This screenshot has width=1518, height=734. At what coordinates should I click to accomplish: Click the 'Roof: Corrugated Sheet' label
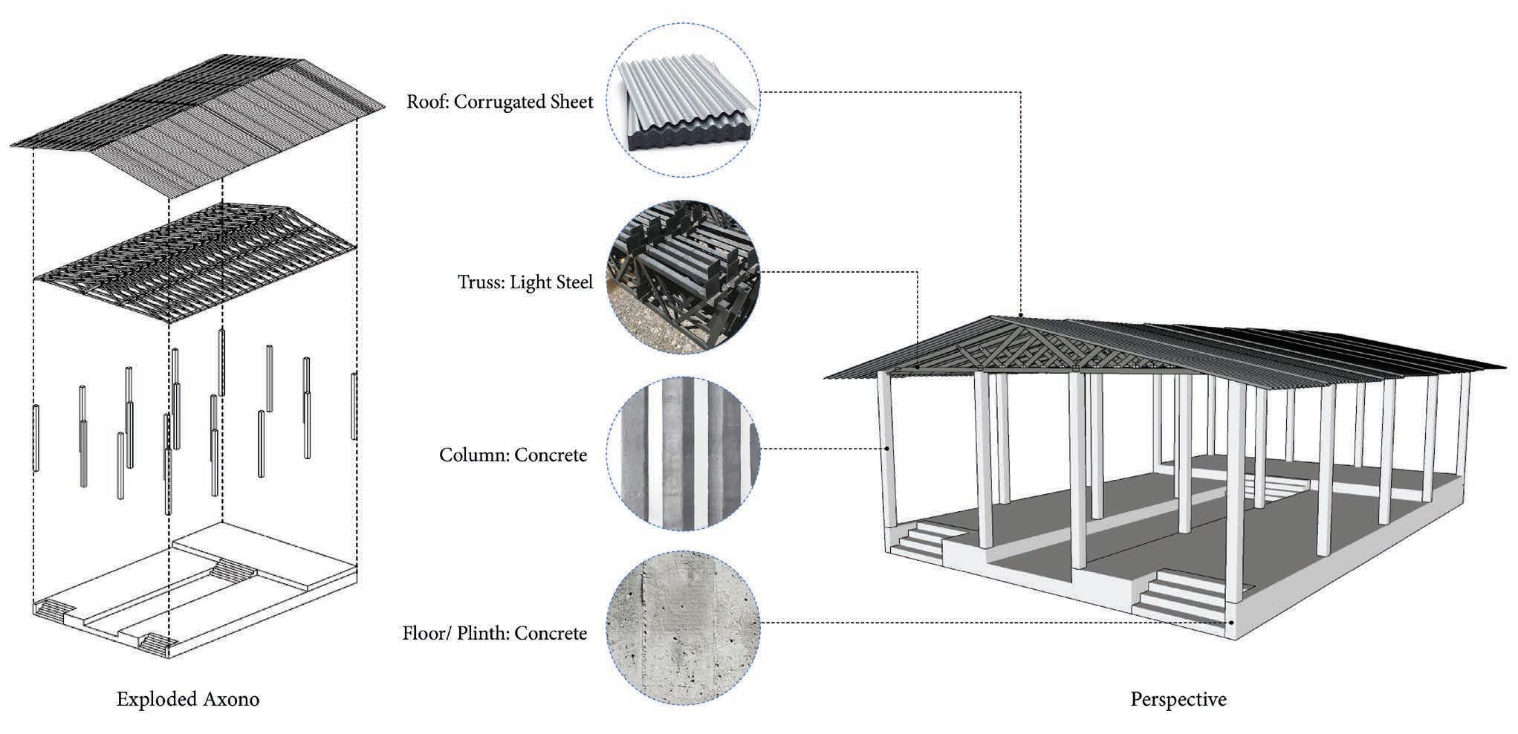(x=499, y=102)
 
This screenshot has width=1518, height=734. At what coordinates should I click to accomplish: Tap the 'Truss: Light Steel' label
(x=525, y=282)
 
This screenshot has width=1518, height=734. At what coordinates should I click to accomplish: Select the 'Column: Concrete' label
(x=513, y=455)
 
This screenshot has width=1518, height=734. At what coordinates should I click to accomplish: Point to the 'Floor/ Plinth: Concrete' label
(x=494, y=634)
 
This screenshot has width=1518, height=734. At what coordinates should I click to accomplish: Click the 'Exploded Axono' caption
(x=188, y=699)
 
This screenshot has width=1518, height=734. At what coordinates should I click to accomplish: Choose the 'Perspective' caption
(x=1178, y=699)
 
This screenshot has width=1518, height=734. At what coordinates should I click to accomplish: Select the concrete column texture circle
(x=683, y=454)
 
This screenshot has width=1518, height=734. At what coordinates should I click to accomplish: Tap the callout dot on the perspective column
(x=887, y=449)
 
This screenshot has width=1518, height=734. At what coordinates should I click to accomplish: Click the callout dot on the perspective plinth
(x=1231, y=623)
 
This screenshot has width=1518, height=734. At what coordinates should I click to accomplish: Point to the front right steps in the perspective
(x=1181, y=594)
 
